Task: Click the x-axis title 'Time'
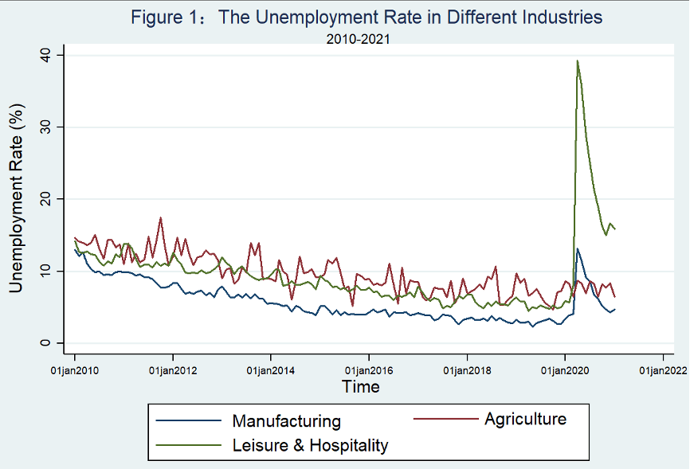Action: coord(360,387)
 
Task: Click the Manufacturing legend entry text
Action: coord(286,421)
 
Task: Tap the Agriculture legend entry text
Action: coord(525,419)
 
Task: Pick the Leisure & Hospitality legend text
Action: coord(310,445)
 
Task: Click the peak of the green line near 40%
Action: coord(577,61)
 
